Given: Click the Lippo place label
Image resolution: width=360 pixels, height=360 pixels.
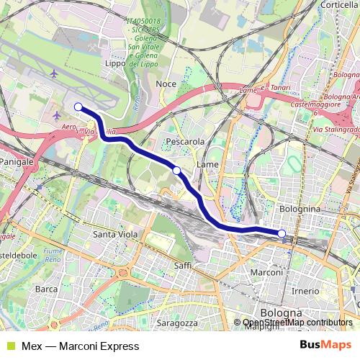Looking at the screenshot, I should pos(115,84).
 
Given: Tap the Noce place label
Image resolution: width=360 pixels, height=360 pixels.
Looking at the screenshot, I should pos(166,84).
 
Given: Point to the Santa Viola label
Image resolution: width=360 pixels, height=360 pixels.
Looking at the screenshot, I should pos(115,235).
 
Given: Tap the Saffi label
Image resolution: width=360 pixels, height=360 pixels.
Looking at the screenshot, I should pos(181,266).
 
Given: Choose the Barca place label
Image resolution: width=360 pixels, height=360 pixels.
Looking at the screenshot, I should pos(46,289).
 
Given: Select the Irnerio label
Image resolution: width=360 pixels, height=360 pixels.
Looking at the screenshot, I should pos(305,290).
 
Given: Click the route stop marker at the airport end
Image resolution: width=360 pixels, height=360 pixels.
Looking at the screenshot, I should pos(78,107).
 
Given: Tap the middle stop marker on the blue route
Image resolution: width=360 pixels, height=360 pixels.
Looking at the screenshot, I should pos(176,170).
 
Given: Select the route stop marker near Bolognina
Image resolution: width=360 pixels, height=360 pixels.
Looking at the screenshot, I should pos(282,233).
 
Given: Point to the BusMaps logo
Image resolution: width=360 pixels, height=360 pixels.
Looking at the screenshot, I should pos(328,345).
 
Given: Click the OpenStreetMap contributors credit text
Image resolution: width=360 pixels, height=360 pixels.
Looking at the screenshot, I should pos(297,323).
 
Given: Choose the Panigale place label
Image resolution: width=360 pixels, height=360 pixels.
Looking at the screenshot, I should pos(17,163).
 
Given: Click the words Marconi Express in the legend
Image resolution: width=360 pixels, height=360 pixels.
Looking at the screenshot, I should pos(92,346).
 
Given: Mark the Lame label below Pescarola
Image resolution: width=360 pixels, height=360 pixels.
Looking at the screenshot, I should pos(207,164).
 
